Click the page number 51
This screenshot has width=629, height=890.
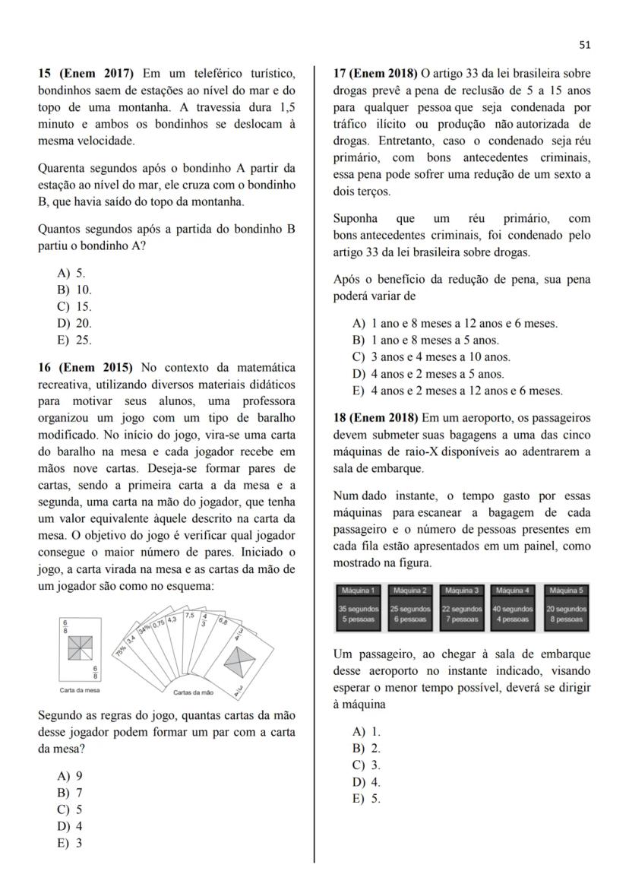(x=584, y=45)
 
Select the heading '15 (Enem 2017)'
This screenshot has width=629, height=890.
(x=86, y=73)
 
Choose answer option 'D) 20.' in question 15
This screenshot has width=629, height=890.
(x=74, y=323)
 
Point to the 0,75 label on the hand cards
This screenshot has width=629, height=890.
(x=159, y=623)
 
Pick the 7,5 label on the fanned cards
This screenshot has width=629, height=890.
(x=190, y=615)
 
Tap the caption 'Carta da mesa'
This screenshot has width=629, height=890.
(x=79, y=690)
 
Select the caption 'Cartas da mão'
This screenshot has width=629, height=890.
(x=192, y=692)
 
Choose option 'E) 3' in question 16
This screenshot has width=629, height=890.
(x=70, y=842)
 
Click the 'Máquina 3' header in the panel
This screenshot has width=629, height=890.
(x=462, y=590)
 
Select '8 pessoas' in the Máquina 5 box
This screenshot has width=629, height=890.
(x=564, y=619)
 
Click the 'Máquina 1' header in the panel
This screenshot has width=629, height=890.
(x=359, y=590)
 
